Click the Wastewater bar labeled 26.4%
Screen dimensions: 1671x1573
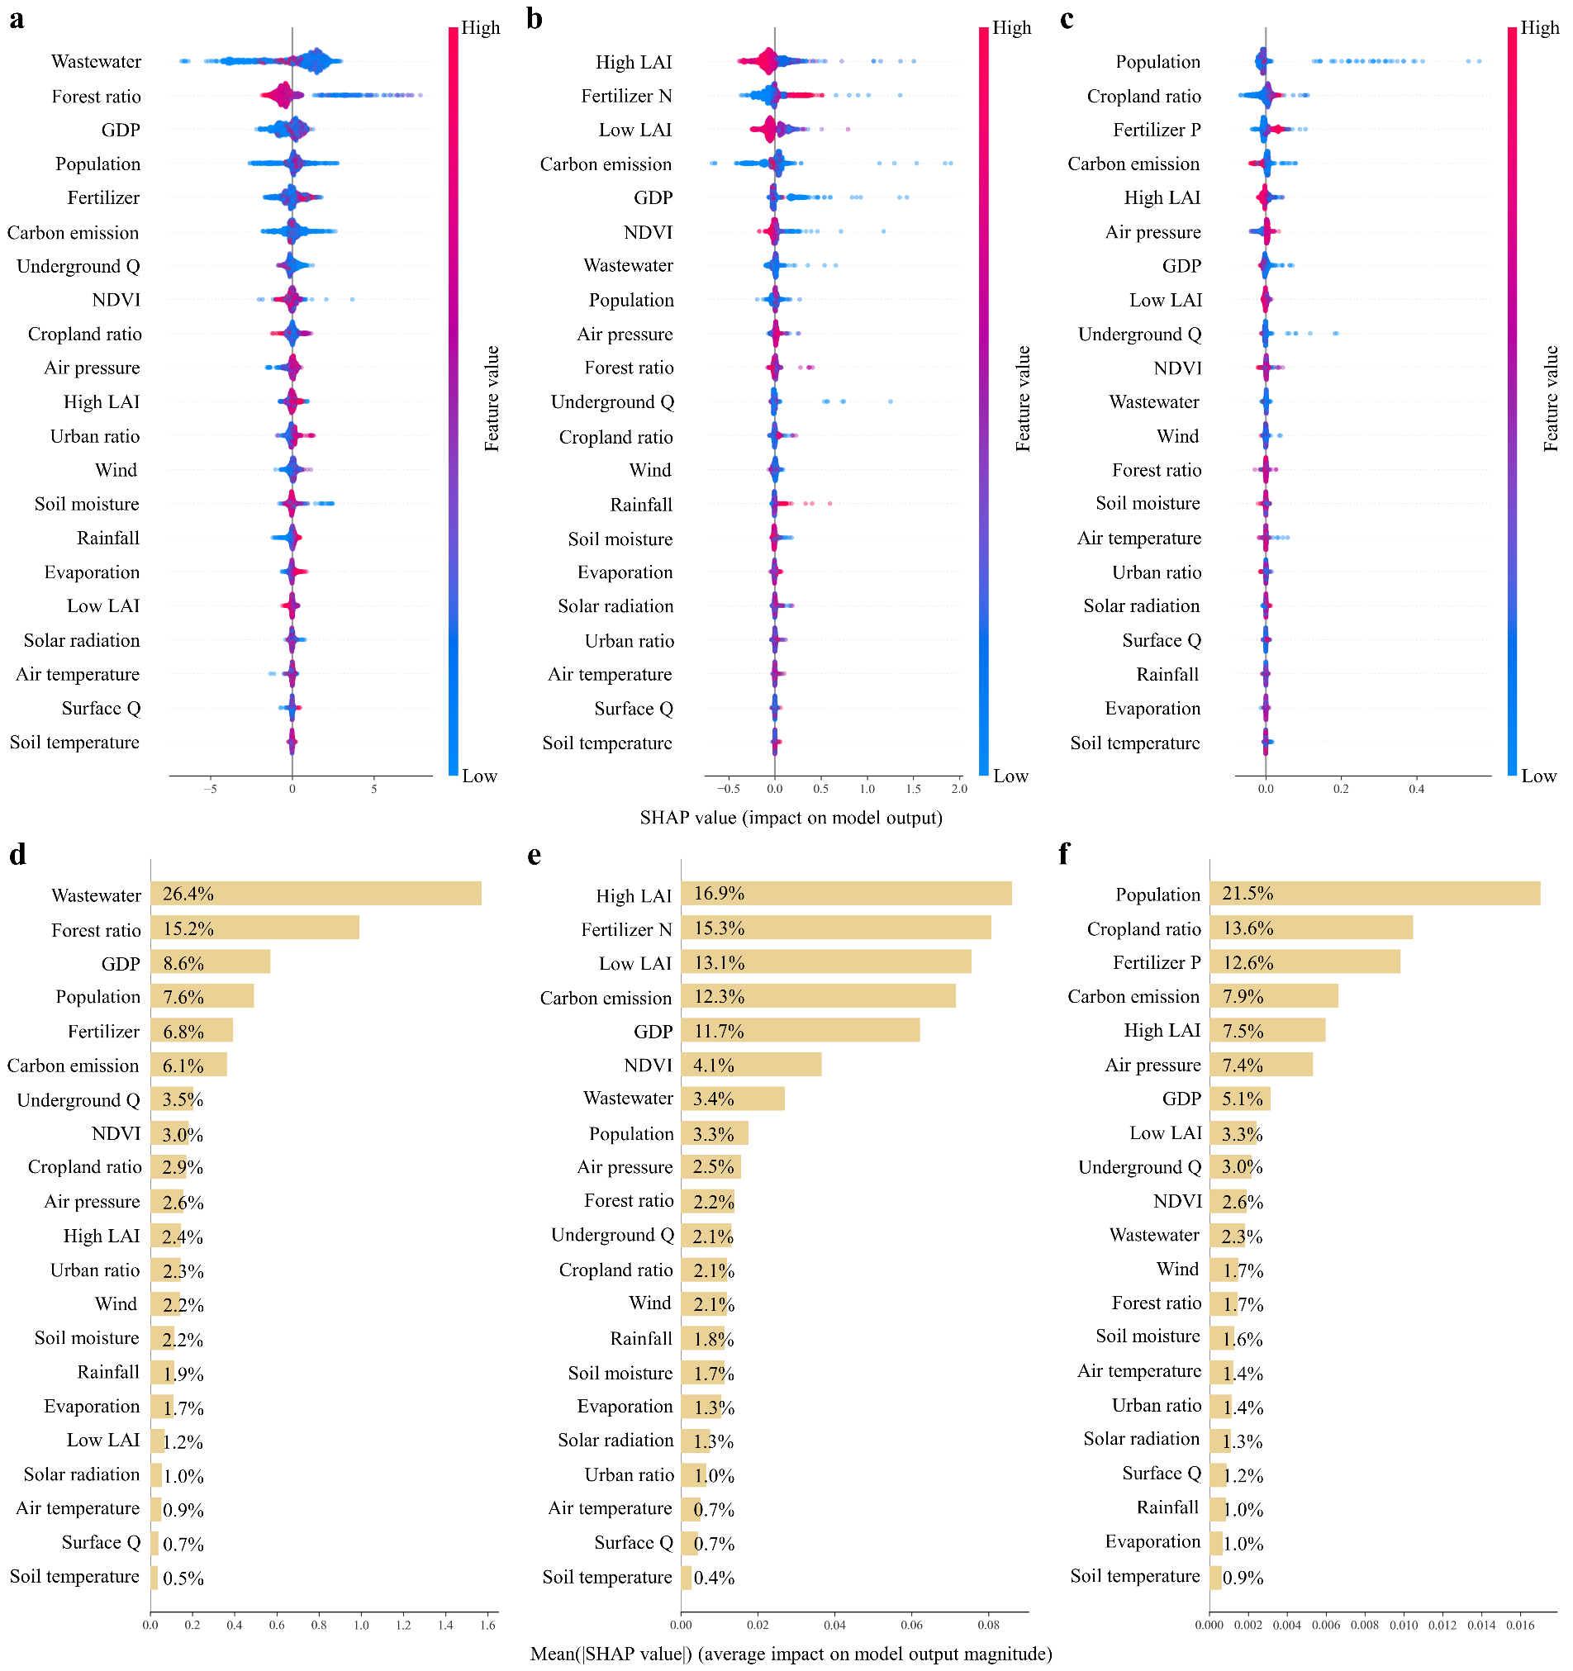coord(316,894)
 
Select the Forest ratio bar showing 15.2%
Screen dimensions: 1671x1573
coord(254,928)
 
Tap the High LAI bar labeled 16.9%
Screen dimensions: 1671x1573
coord(846,894)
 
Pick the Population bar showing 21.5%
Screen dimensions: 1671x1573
coord(1375,894)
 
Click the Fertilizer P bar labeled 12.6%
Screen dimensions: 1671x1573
coord(1304,961)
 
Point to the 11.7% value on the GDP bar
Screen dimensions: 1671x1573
coord(719,1031)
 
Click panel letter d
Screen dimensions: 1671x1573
coord(17,854)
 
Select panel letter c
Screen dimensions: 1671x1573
coord(1066,18)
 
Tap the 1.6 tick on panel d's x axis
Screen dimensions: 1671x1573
coord(487,1625)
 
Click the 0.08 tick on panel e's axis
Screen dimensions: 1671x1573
coord(988,1625)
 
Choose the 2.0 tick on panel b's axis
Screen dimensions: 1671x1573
coord(959,790)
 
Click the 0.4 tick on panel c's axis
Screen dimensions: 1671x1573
coord(1417,790)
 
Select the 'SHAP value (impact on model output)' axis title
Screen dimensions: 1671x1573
coord(791,818)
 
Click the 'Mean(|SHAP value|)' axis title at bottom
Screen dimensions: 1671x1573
coord(791,1654)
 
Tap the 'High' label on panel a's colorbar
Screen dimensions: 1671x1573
coord(480,28)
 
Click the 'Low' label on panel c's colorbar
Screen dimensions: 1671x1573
coord(1538,776)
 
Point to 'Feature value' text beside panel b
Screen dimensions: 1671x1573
coord(1023,398)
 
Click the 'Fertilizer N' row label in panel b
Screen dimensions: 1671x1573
coord(626,97)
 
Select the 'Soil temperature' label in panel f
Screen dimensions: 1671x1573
coord(1134,1576)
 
